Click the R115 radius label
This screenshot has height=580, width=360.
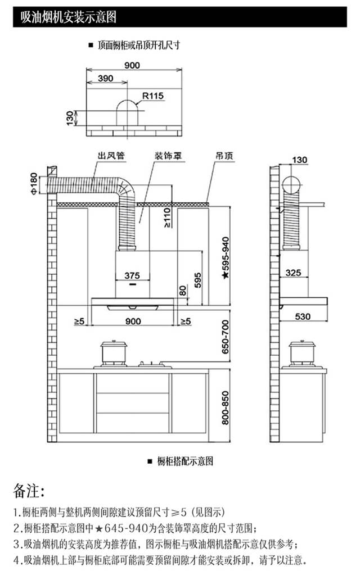point(153,96)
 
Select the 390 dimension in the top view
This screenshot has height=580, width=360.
point(106,79)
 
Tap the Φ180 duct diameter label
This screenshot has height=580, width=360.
point(34,184)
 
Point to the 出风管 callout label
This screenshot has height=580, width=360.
point(111,156)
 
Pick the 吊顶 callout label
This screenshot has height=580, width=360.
point(224,156)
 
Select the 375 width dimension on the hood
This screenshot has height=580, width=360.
point(132,275)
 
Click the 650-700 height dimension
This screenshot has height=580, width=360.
point(226,337)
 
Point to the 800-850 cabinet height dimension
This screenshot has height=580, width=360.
point(226,407)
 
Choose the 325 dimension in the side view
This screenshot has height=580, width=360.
point(293,273)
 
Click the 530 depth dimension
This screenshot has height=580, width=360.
point(303,316)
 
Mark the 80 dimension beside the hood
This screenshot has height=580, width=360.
point(183,291)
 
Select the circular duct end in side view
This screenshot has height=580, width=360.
point(291,185)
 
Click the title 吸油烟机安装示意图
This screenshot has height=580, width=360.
point(69,17)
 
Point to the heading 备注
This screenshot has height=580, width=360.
point(29,491)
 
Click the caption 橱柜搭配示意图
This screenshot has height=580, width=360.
point(185,461)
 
